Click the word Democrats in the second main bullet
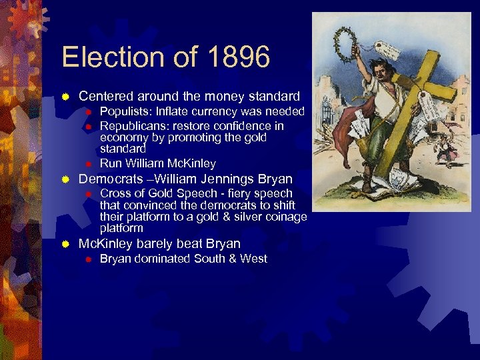[111, 179]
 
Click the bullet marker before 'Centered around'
[65, 97]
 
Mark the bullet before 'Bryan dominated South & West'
[87, 259]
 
